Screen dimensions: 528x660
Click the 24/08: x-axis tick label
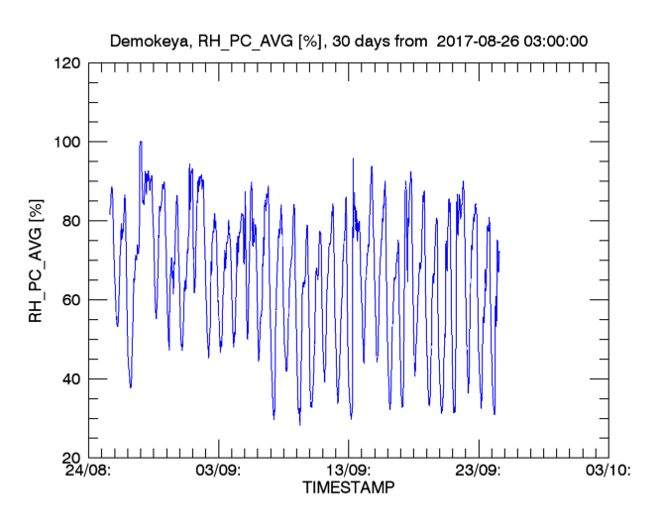87,471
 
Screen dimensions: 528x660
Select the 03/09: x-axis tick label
218,471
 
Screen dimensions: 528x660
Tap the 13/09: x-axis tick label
348,471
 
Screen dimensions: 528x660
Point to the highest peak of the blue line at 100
141,142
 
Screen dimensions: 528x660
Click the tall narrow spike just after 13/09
353,159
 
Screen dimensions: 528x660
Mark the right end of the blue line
499,252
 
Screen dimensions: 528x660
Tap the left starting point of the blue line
109,214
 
